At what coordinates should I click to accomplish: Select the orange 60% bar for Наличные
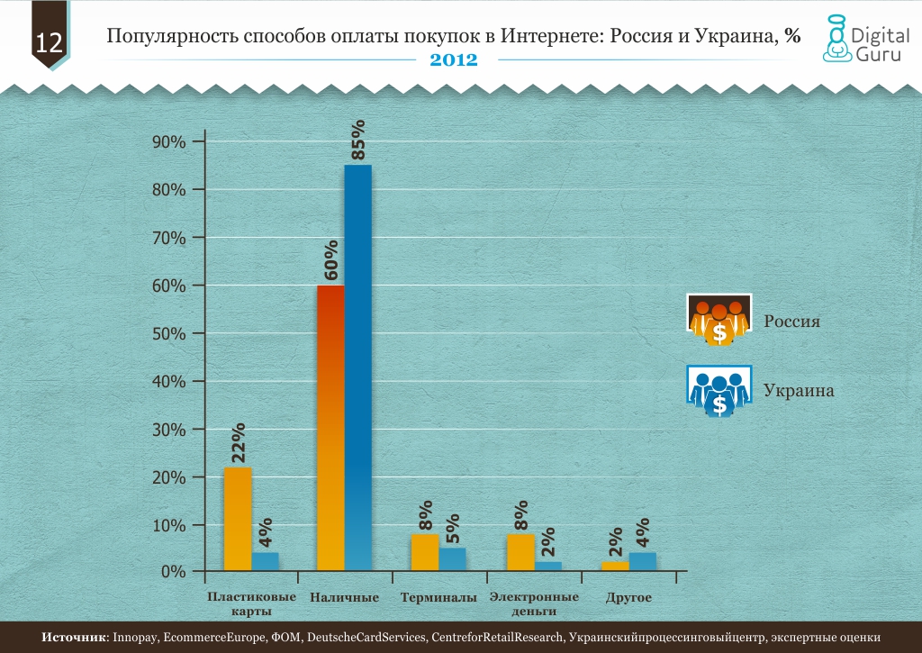pos(330,428)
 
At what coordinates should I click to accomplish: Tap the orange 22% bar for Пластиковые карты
pos(238,519)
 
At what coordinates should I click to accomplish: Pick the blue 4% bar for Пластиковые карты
pos(266,561)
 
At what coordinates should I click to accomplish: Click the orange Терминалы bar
pos(425,552)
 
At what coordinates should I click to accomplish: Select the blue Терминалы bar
pos(452,559)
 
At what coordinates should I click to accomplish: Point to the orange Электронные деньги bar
pos(520,552)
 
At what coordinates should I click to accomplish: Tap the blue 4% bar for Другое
pos(643,561)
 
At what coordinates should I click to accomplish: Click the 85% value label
pos(359,140)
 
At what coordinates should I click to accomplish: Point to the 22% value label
pos(239,443)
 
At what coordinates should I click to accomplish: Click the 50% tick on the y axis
pos(169,333)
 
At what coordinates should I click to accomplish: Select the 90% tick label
pos(169,142)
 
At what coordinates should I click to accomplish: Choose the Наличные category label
pos(344,598)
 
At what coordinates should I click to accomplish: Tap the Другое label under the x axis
pos(628,598)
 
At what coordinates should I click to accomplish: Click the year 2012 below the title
pos(453,59)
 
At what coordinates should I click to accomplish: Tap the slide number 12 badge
pos(49,41)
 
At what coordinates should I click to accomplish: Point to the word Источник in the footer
pos(75,638)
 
